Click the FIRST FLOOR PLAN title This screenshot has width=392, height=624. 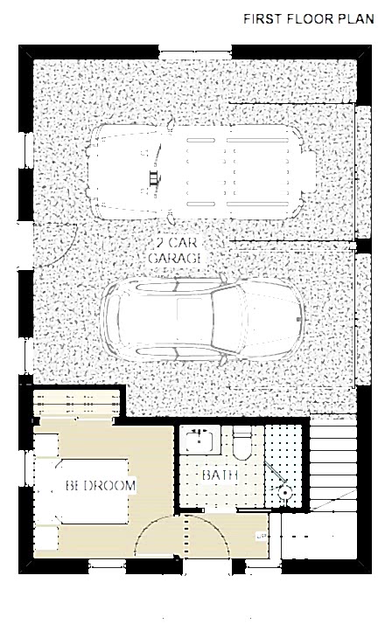pos(309,18)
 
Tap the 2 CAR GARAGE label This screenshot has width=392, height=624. pos(174,250)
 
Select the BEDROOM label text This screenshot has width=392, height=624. pos(101,485)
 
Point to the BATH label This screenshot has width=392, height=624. pos(220,475)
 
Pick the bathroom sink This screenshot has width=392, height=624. pos(200,440)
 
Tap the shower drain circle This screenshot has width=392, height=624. pos(284,492)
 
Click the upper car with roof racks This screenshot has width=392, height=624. pos(201,172)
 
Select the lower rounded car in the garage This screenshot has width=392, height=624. pos(202,319)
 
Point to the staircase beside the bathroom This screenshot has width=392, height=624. pos(333,462)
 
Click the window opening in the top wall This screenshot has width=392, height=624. pos(195,53)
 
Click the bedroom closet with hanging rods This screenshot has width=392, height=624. pos(76,403)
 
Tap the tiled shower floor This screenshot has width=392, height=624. pos(283,466)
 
